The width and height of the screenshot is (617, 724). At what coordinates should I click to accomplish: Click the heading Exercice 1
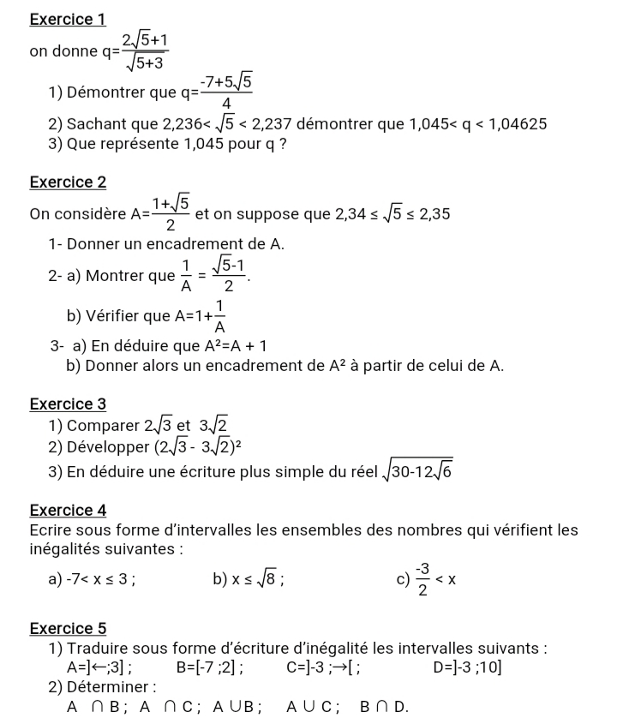pos(68,18)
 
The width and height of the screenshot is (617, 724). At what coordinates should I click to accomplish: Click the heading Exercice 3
pos(68,403)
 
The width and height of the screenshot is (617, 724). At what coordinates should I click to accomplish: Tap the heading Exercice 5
pos(68,628)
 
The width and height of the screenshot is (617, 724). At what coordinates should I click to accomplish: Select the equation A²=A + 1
pos(236,346)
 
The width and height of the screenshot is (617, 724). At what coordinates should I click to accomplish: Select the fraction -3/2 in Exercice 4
pos(422,579)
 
